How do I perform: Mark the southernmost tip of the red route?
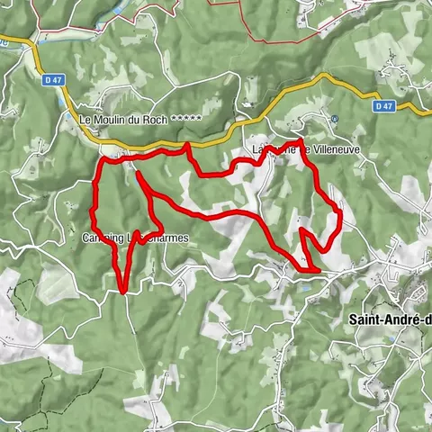coord(122,291)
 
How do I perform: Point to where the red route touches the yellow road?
coord(186,145)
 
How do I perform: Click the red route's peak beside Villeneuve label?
coord(299,141)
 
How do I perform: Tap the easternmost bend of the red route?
coord(341,212)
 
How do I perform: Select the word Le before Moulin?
coord(86,119)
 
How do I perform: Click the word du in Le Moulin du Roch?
coord(146,119)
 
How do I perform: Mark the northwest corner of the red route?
coord(102,160)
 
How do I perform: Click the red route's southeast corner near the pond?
coord(319,269)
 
